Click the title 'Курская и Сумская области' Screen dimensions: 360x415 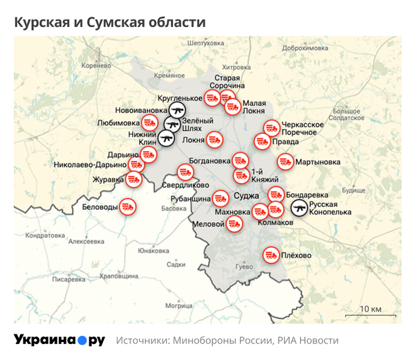110,22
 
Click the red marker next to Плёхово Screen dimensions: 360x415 270,255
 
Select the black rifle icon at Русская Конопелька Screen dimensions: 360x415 299,207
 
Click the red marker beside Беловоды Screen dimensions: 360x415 127,206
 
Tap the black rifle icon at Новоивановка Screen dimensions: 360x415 178,110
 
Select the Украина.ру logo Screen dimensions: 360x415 59,340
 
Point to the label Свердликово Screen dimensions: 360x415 185,186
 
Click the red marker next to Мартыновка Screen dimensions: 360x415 285,162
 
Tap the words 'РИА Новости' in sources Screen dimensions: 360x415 308,341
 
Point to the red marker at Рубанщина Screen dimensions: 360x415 221,197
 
